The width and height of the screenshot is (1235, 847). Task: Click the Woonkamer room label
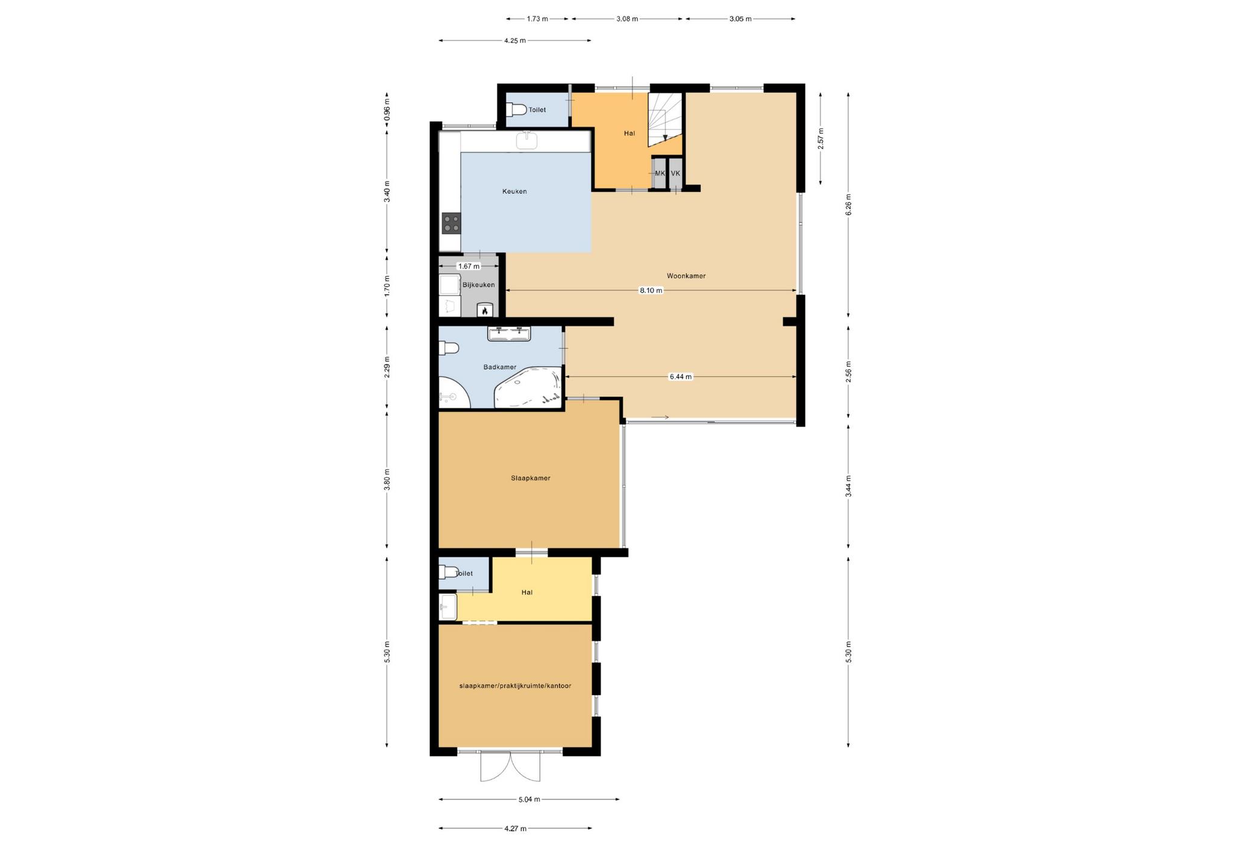pyautogui.click(x=686, y=276)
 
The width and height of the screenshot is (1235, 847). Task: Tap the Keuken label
pyautogui.click(x=514, y=191)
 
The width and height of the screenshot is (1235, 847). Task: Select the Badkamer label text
pyautogui.click(x=500, y=367)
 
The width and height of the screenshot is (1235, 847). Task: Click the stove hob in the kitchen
pyautogui.click(x=451, y=223)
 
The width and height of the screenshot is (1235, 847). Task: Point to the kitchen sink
pyautogui.click(x=527, y=140)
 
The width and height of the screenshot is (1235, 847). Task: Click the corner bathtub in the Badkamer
pyautogui.click(x=528, y=387)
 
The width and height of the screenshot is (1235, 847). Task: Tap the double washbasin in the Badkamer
pyautogui.click(x=509, y=334)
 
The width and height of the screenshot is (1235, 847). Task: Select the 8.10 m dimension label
pyautogui.click(x=651, y=290)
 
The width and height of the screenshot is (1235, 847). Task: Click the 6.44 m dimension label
pyautogui.click(x=680, y=376)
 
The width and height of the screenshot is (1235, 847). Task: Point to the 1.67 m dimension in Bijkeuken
pyautogui.click(x=469, y=266)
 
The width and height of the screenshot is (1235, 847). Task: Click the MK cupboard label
pyautogui.click(x=660, y=173)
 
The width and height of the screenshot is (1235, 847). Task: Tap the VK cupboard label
pyautogui.click(x=675, y=173)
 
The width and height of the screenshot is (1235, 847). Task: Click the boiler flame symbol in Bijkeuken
pyautogui.click(x=485, y=310)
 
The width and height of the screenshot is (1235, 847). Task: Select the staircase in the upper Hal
pyautogui.click(x=665, y=119)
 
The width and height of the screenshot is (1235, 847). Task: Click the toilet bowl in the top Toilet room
pyautogui.click(x=516, y=110)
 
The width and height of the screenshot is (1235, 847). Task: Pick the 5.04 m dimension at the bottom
pyautogui.click(x=529, y=799)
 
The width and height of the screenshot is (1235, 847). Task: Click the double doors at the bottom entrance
pyautogui.click(x=510, y=766)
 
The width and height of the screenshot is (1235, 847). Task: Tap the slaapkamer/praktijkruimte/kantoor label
pyautogui.click(x=515, y=686)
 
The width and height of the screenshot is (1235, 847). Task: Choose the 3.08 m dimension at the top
pyautogui.click(x=627, y=19)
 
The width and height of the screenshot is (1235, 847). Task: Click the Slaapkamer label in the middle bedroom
pyautogui.click(x=531, y=478)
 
